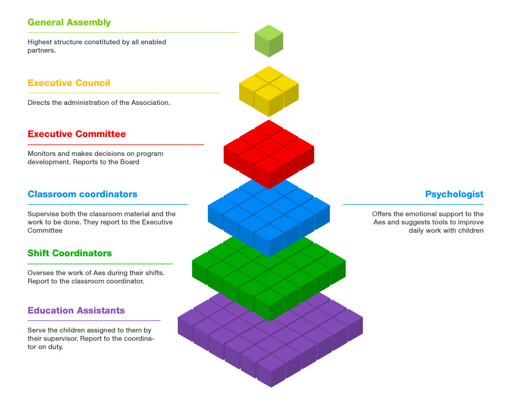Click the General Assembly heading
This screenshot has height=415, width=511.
[69, 23]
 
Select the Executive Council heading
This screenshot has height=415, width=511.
[69, 83]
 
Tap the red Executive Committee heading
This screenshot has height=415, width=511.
[76, 134]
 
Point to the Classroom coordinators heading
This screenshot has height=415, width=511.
[82, 194]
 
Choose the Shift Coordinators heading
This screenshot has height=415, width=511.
[69, 253]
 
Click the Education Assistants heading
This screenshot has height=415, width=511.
[76, 311]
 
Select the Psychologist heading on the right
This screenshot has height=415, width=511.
[454, 194]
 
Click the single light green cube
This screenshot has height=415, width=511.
[269, 41]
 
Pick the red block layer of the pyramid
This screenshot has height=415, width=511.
[269, 152]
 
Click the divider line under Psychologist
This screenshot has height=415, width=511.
[413, 204]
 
